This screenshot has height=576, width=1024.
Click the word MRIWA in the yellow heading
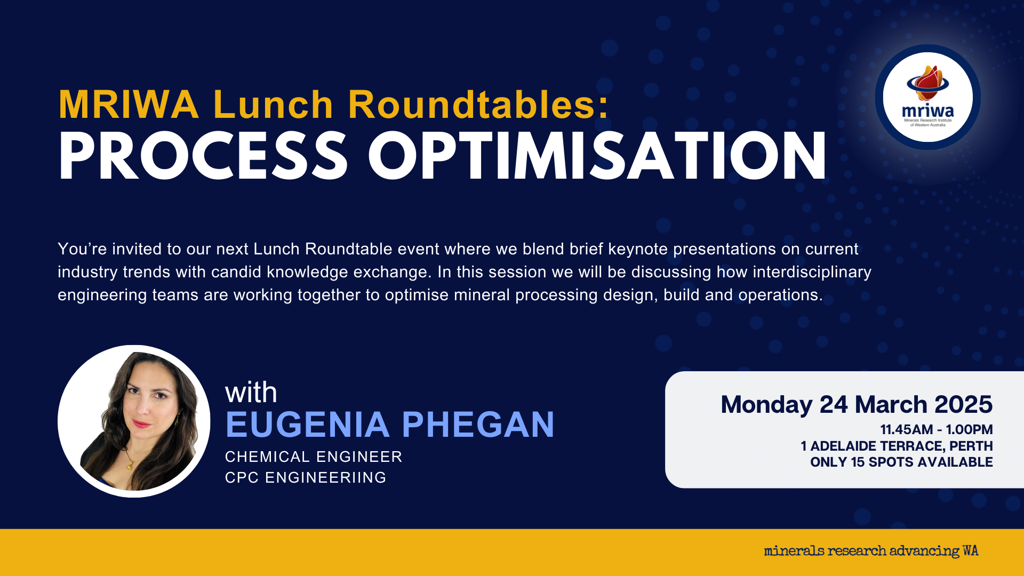point(129,105)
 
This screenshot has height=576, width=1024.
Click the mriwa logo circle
point(928,97)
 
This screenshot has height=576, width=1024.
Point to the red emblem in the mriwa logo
point(928,83)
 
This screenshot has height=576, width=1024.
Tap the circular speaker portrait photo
point(134,421)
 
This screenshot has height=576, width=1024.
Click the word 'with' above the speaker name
point(251,393)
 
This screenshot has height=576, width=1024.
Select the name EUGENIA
point(308,425)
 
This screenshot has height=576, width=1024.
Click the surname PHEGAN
point(478,425)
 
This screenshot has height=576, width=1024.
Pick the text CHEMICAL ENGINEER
point(314,457)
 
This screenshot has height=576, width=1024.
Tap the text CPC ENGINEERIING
point(306,478)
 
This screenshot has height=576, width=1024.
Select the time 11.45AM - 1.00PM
point(937,430)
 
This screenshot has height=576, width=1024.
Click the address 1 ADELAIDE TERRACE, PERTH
point(897,446)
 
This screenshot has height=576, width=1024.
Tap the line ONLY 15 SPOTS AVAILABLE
point(901,462)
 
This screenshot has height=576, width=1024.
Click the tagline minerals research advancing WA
point(871,551)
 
